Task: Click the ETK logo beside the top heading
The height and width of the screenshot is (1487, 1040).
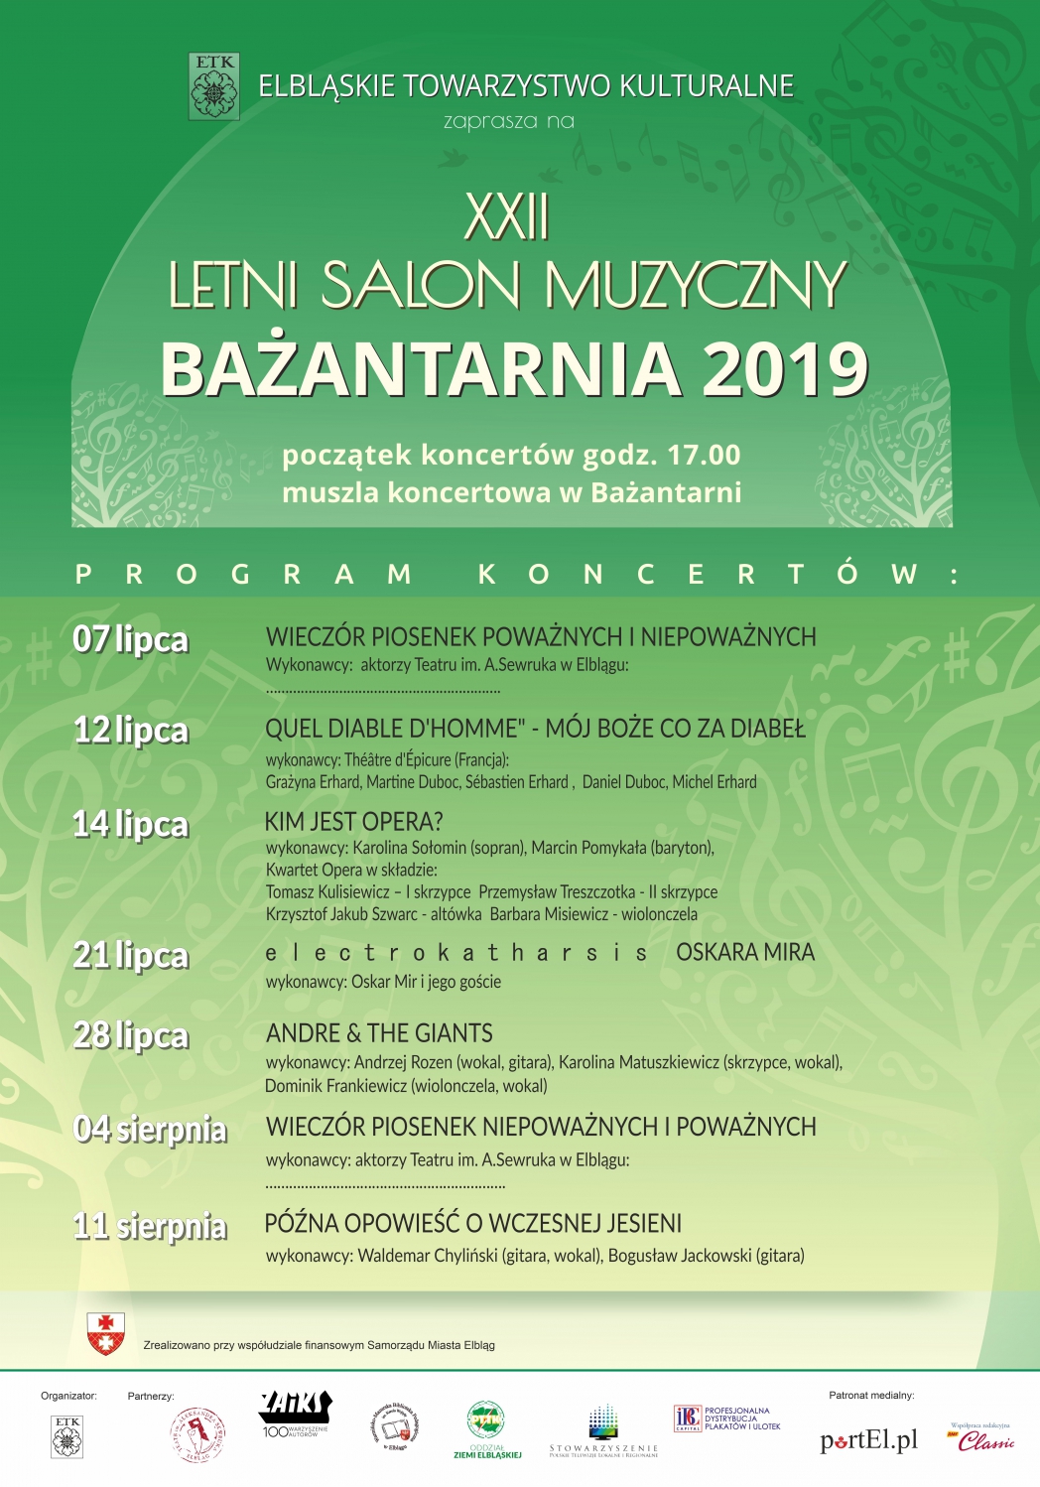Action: pos(214,86)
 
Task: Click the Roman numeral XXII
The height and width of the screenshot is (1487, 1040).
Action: pos(507,216)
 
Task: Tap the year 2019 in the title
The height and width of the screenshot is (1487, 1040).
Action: pos(784,369)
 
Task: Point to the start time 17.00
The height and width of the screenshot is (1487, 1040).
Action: pos(704,455)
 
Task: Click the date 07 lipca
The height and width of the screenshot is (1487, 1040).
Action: pos(130,639)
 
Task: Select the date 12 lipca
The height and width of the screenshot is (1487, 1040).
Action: pos(130,731)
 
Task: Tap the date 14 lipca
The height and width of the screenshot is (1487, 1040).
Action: pos(130,824)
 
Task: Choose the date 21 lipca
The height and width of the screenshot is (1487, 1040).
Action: pos(130,955)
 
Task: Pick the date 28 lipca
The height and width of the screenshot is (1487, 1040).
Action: pos(130,1035)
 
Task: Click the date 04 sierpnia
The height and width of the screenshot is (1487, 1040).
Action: pos(150,1130)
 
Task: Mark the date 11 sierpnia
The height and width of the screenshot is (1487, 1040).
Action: pos(150,1227)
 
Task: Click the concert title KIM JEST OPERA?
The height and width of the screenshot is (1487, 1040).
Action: pos(353,822)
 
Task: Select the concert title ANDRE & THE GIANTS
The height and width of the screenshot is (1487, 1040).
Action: pos(379,1033)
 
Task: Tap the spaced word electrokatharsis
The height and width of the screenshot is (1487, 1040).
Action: pos(456,954)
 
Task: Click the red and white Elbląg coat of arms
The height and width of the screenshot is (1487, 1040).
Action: pos(106,1333)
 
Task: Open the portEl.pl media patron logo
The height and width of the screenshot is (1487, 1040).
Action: pos(868,1440)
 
